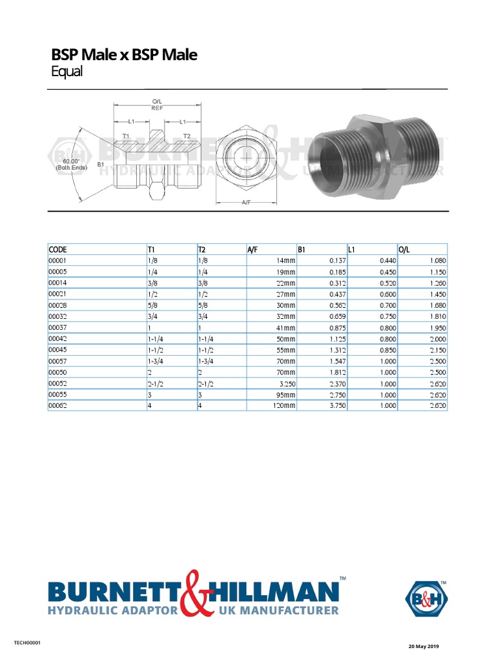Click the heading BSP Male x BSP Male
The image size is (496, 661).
pos(124,55)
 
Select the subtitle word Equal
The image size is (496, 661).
pos(67,72)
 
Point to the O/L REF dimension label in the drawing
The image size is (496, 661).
pos(157,105)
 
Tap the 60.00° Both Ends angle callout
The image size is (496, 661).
pos(71,164)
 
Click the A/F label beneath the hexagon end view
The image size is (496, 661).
pos(246,203)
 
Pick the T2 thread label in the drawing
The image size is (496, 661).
pos(187,136)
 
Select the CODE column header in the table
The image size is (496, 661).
pos(57,249)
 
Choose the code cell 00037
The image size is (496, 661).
pos(57,327)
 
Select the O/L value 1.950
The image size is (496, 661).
pos(436,327)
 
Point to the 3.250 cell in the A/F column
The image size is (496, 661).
pos(285,383)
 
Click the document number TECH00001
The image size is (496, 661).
pos(28,643)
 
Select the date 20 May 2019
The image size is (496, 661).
pos(423,646)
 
